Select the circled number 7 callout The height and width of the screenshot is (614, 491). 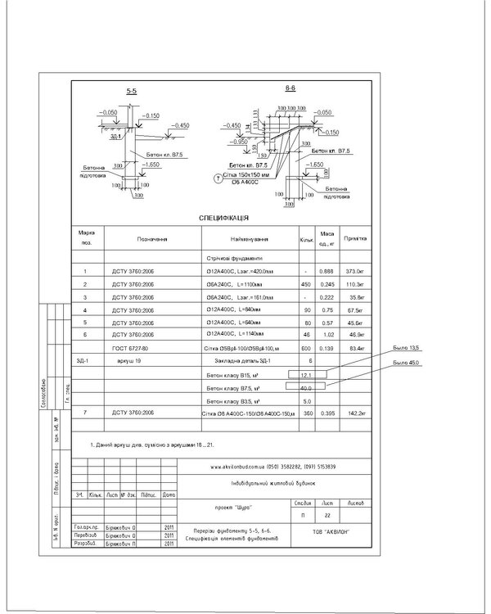(218, 177)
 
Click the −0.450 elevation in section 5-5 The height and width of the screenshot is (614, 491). (179, 125)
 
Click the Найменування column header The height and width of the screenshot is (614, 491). (250, 239)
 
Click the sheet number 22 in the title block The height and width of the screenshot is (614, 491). (327, 516)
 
